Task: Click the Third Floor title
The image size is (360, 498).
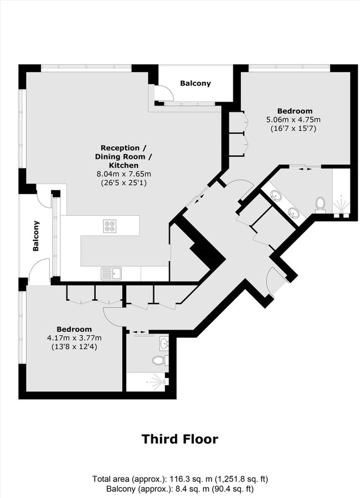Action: point(179,439)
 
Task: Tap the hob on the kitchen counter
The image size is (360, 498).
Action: point(110,225)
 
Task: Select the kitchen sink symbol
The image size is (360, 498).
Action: point(111,273)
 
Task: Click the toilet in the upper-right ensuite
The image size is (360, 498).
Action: point(320,204)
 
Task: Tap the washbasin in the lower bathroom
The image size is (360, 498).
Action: point(163,344)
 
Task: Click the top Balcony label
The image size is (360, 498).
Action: point(196,84)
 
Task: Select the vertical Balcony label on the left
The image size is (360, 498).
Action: point(37,236)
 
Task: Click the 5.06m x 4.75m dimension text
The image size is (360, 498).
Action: point(294,120)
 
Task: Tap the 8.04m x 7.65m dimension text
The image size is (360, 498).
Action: point(124,174)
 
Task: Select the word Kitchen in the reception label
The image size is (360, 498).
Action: point(124,165)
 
